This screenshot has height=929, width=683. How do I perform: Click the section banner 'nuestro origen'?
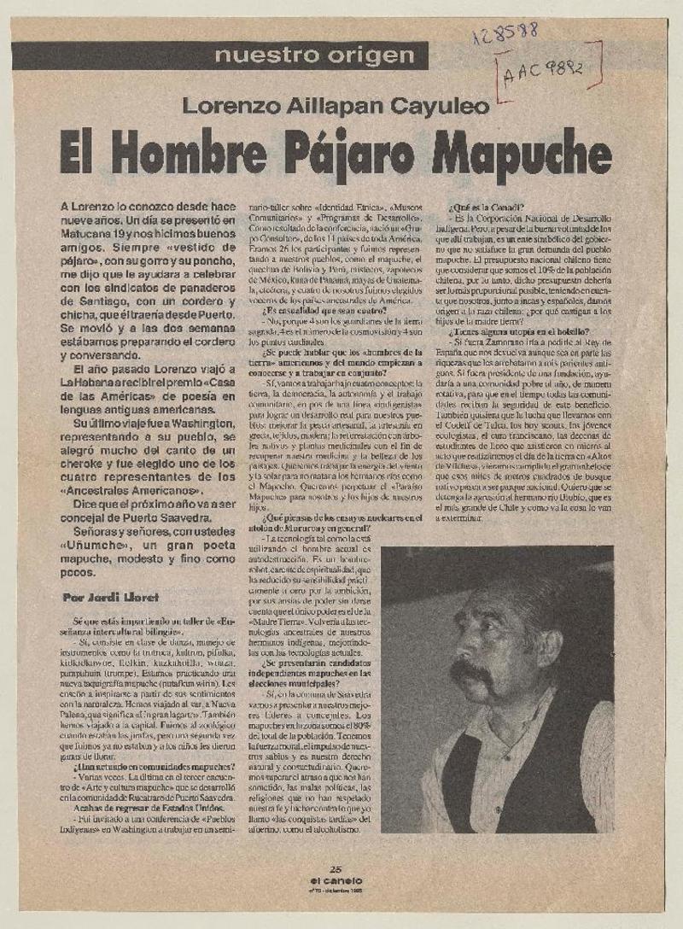pos(314,57)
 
